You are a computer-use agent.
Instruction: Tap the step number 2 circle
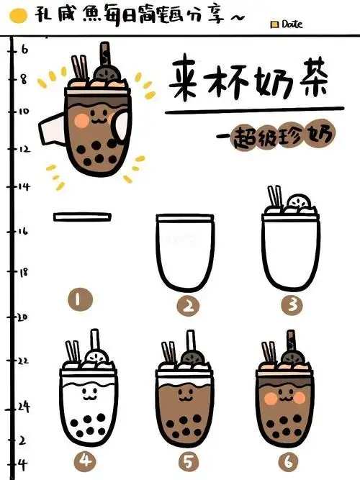tap(188, 306)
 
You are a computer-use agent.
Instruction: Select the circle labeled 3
tap(292, 305)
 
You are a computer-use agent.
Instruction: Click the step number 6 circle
tap(292, 458)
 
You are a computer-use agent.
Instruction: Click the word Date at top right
tap(292, 24)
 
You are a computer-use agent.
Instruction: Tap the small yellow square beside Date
tap(274, 24)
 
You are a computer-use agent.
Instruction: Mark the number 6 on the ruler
tap(24, 50)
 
